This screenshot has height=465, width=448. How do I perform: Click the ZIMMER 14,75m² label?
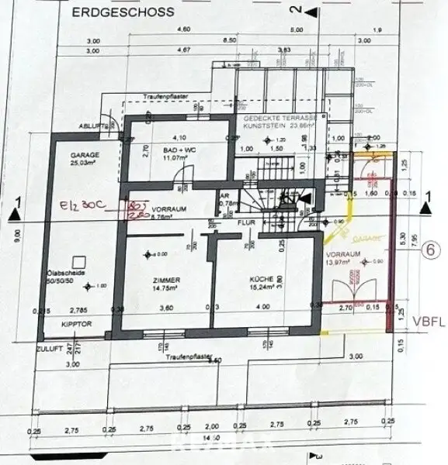coord(167,284)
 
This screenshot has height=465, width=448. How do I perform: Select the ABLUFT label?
coord(91,127)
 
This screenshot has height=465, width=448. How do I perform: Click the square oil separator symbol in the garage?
coord(76,262)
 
